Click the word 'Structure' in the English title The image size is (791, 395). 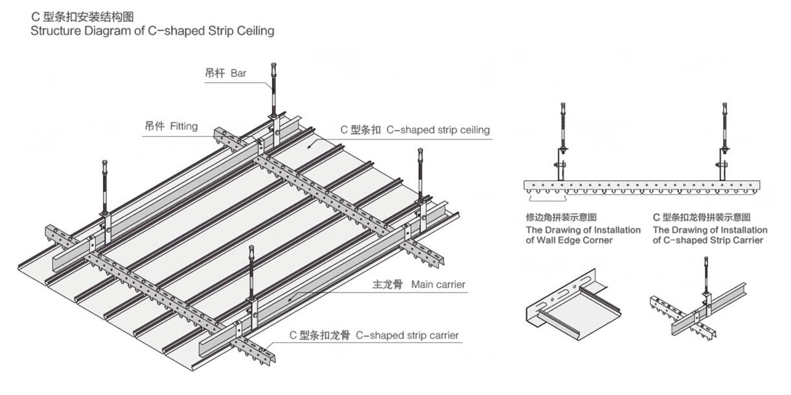click(x=54, y=30)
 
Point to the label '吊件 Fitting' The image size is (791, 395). click(x=170, y=126)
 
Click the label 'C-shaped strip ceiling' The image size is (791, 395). click(x=438, y=130)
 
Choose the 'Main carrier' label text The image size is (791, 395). click(x=438, y=284)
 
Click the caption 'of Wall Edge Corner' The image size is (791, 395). click(x=569, y=241)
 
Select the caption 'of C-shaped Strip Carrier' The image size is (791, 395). click(x=708, y=241)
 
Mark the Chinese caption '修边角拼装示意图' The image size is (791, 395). click(x=561, y=217)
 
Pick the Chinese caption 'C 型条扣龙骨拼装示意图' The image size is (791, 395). click(x=702, y=217)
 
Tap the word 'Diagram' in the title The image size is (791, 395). click(x=105, y=30)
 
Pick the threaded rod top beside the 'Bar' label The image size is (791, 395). click(x=274, y=68)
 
